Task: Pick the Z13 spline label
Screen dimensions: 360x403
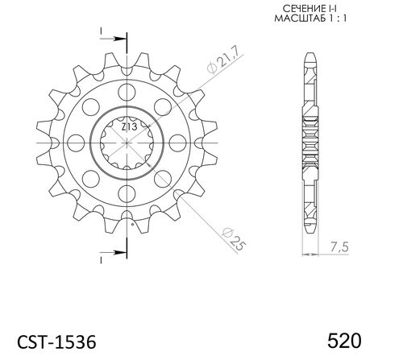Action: click(x=127, y=127)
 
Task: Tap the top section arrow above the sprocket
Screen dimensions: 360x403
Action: click(x=116, y=37)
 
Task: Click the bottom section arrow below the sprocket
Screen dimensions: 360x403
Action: click(x=116, y=248)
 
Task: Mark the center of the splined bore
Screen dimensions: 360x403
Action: click(x=127, y=143)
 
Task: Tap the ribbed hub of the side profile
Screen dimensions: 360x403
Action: click(x=310, y=143)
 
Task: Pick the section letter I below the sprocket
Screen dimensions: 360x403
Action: click(x=102, y=259)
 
